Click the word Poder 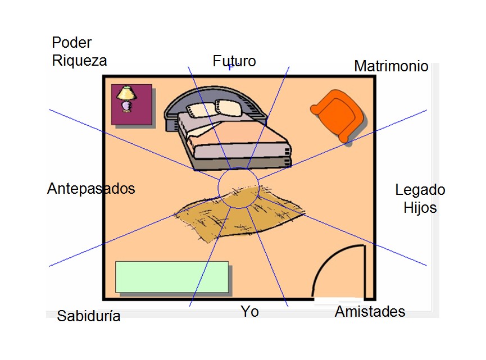(x=71, y=43)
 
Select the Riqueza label (x=79, y=61)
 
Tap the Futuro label (x=234, y=61)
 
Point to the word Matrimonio (x=391, y=66)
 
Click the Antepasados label (x=91, y=189)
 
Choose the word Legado (x=420, y=190)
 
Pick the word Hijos (x=420, y=208)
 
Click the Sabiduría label (x=89, y=316)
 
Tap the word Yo (x=249, y=311)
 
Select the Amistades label (x=370, y=312)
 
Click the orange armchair (x=338, y=115)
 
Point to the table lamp (x=126, y=98)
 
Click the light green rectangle (x=172, y=277)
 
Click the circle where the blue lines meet (x=238, y=188)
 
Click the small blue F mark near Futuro (x=230, y=68)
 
